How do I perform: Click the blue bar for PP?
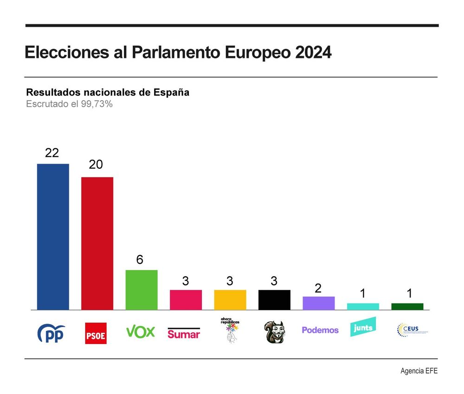point(53,236)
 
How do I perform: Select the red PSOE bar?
point(97,243)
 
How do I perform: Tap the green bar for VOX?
point(142,290)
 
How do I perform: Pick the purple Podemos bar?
point(319,303)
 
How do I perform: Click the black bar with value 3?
point(274,299)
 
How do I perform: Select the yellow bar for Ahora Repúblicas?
point(230,299)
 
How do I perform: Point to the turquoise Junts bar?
point(363,306)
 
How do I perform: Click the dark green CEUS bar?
point(407,306)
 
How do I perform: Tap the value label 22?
point(52,153)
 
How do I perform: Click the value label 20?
point(96,165)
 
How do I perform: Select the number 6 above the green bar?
point(140,260)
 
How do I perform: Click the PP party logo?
point(51,333)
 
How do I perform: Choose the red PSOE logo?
point(96,333)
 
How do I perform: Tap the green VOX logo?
point(141,332)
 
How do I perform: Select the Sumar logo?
point(184,333)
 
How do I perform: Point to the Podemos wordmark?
point(320,330)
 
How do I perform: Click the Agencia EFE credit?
point(419,371)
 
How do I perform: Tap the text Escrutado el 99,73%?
point(70,104)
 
